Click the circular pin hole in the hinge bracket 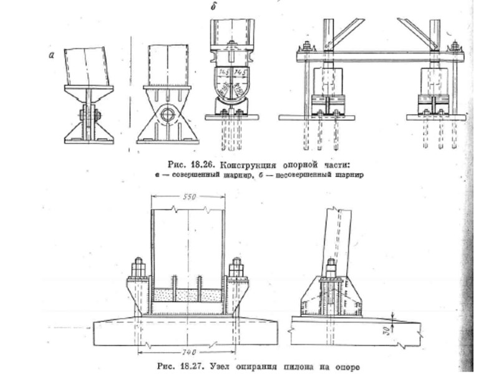coord(167,116)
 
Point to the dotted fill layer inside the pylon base coord(187,292)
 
